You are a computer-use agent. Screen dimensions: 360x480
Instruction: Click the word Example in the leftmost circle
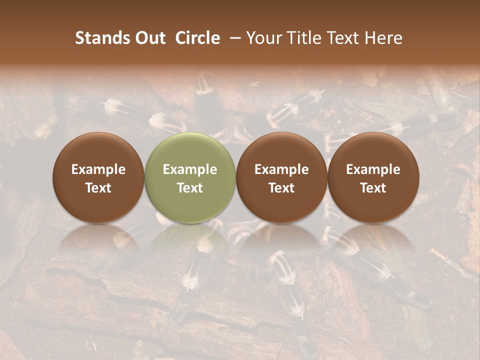click(98, 169)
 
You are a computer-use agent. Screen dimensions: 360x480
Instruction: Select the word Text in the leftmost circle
click(98, 188)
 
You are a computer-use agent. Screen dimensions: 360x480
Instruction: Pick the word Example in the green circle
click(190, 169)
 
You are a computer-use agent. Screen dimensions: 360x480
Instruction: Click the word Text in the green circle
click(190, 188)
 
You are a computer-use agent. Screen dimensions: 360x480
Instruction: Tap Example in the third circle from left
click(281, 169)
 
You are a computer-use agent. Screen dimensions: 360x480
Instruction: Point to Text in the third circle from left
click(281, 188)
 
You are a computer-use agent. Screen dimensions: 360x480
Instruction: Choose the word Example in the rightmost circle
click(373, 169)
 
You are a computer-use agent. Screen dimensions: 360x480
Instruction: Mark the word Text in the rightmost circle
click(373, 188)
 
